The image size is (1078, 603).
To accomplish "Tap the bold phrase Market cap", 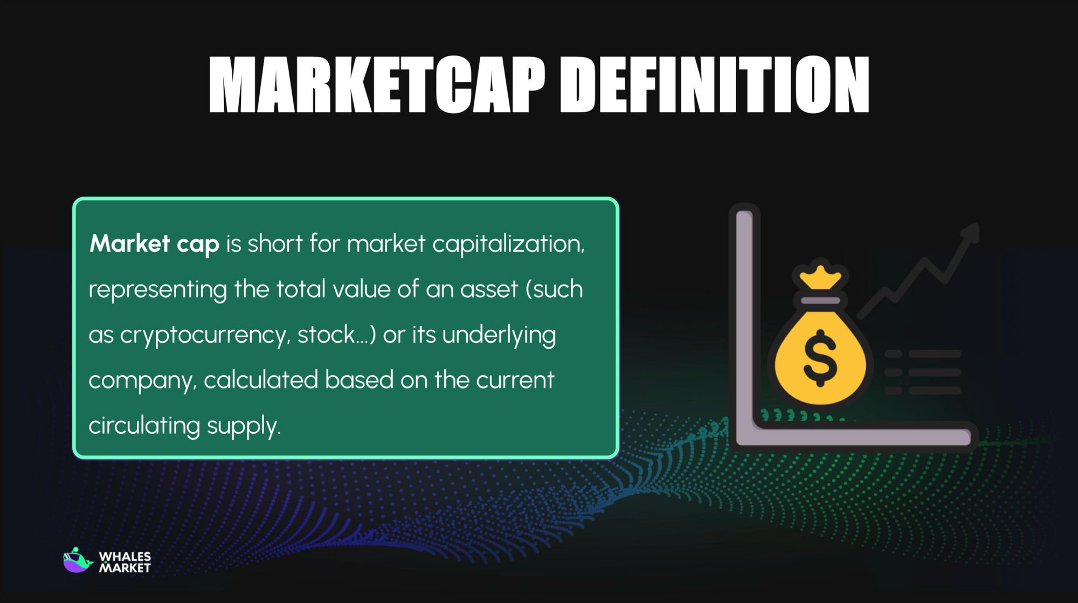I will [154, 244].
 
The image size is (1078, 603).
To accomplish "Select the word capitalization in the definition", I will [508, 244].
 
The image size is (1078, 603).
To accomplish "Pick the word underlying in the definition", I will [499, 335].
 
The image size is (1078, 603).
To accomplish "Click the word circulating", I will [144, 426].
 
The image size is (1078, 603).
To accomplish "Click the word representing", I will [157, 290].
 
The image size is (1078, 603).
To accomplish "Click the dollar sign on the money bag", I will [820, 358].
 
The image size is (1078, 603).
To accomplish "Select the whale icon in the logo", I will [77, 560].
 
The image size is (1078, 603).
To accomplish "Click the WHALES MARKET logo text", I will [125, 562].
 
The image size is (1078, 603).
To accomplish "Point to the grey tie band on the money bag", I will [820, 300].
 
